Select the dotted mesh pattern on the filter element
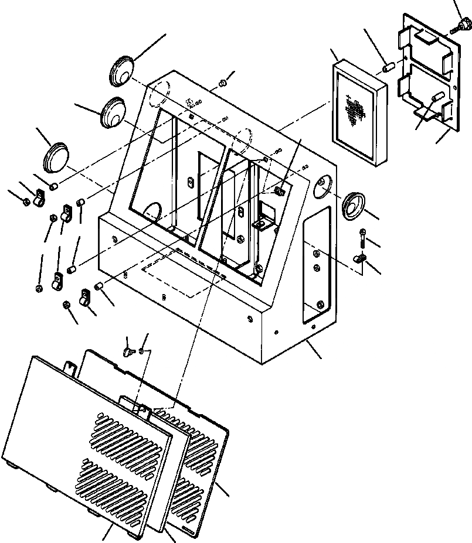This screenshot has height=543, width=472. coord(354,111)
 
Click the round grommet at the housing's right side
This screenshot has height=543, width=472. coord(354,204)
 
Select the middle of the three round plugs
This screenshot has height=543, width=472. coord(112,111)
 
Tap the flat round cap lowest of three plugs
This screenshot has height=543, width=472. coord(56,157)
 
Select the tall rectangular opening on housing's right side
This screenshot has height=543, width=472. coord(317,264)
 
